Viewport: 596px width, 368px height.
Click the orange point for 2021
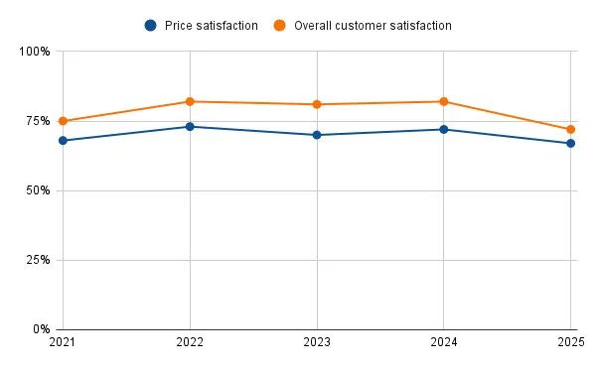click(63, 121)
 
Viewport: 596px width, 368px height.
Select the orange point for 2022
click(190, 101)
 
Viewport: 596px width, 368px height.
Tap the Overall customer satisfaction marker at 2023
click(317, 104)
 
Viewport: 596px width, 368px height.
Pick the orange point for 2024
click(444, 101)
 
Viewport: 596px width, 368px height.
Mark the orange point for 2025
click(571, 129)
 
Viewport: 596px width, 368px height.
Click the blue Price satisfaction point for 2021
click(63, 141)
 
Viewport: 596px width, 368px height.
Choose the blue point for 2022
click(190, 127)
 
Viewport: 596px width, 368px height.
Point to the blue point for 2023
click(317, 135)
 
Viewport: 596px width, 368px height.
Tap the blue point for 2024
click(444, 129)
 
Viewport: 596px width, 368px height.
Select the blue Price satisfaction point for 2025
click(571, 143)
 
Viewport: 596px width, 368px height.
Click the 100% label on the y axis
click(36, 52)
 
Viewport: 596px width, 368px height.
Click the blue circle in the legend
click(150, 25)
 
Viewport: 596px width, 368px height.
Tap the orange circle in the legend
click(276, 25)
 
